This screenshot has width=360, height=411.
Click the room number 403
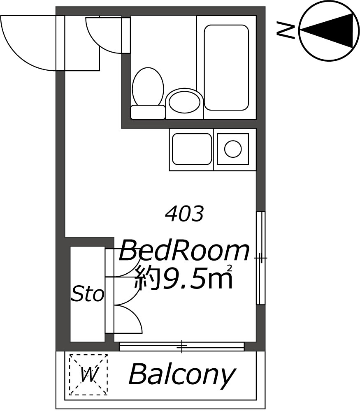coord(184,214)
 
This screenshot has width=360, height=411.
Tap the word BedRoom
coord(184,251)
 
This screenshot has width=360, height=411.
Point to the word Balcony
coord(181,375)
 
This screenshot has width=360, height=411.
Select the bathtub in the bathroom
coord(226,67)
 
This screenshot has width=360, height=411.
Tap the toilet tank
coord(147,112)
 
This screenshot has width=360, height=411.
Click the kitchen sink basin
coord(192,149)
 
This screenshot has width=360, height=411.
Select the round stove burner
coord(233,149)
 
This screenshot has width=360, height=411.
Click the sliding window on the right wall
coord(260,258)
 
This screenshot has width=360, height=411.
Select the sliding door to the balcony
coord(181,346)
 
